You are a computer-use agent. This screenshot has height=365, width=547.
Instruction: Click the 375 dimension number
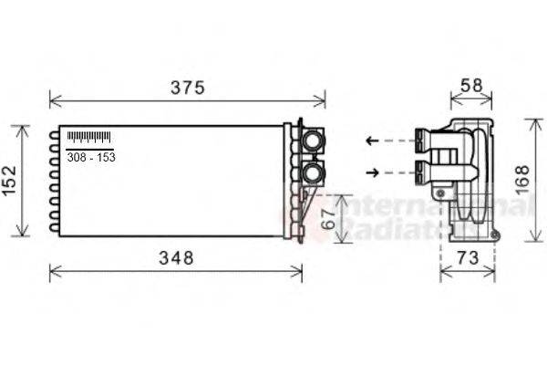(188, 89)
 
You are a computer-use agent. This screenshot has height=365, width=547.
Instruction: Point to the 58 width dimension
(470, 85)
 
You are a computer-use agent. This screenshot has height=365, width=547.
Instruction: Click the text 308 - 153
(91, 158)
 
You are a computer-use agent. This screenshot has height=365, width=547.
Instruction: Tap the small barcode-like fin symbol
(88, 138)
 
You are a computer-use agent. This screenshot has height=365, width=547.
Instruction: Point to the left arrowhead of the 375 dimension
(52, 100)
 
